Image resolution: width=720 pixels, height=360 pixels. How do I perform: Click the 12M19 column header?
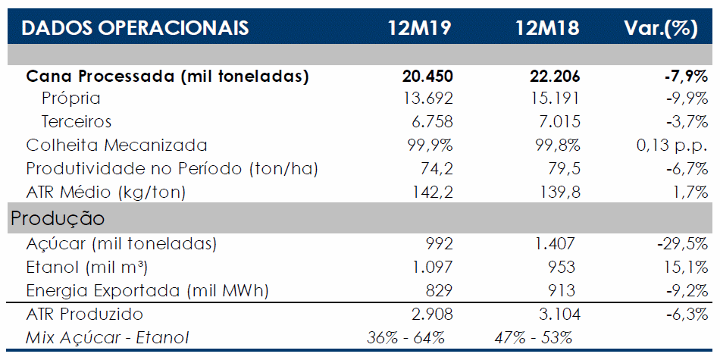tap(420, 28)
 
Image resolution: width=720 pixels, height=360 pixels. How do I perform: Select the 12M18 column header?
tap(547, 28)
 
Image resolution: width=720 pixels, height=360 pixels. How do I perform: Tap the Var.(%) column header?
tap(661, 28)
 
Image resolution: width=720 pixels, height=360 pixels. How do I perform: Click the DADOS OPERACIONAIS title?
tap(135, 28)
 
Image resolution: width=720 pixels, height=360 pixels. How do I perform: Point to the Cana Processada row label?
tap(167, 77)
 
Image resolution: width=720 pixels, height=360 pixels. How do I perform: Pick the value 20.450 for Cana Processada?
tap(426, 77)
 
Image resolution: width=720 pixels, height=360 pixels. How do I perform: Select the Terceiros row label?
tap(77, 122)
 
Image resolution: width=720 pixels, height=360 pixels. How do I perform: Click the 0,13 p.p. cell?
tap(671, 145)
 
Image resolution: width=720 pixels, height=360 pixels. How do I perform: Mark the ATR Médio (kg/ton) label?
tap(105, 192)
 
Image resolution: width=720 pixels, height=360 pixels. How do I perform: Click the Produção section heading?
tap(58, 218)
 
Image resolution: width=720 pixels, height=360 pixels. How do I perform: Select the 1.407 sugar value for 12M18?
tap(555, 244)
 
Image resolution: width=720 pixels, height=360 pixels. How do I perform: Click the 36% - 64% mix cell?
tap(405, 338)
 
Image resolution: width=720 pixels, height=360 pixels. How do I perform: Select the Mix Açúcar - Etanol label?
tap(108, 338)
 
